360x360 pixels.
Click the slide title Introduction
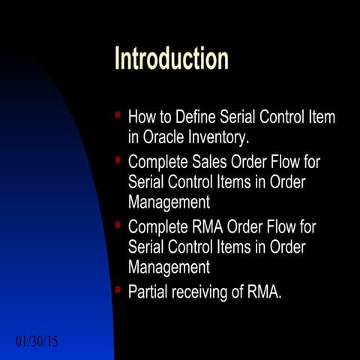coord(171,58)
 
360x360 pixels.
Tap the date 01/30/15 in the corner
coord(37,342)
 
